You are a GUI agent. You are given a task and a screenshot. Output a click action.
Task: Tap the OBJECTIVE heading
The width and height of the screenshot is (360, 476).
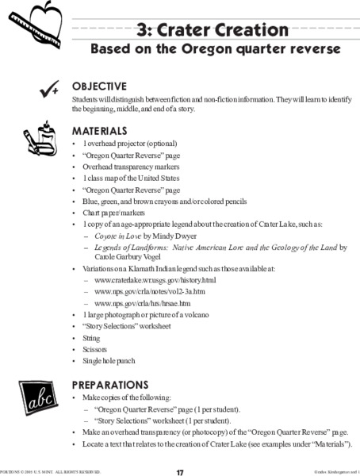coord(99,86)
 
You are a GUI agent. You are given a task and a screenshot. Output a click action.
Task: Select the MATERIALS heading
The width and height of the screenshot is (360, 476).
coord(100,130)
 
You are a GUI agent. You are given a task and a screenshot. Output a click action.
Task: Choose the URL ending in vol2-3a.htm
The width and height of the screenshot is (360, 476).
coord(144,292)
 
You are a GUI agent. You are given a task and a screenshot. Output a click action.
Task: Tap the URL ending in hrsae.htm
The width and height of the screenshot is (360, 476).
coord(142,303)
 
